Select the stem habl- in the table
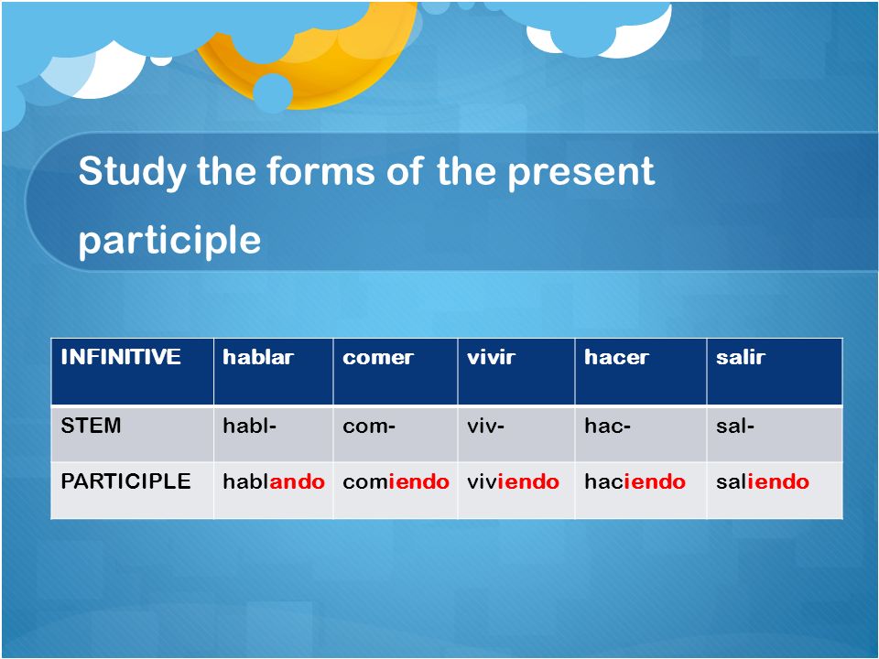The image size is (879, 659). (x=249, y=426)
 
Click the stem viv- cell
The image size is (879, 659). (x=485, y=426)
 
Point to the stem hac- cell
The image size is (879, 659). (x=608, y=426)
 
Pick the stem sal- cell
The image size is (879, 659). (x=735, y=426)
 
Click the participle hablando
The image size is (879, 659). (x=274, y=481)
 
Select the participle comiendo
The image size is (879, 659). (x=396, y=481)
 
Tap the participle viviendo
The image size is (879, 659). (x=513, y=481)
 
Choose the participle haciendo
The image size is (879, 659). (x=635, y=481)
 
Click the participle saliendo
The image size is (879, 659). (x=763, y=481)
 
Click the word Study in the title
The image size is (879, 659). (x=131, y=171)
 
